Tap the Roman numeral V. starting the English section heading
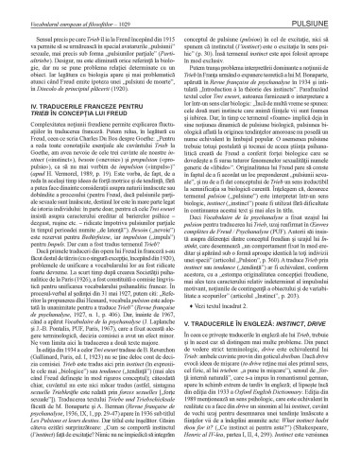click(x=192, y=305)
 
